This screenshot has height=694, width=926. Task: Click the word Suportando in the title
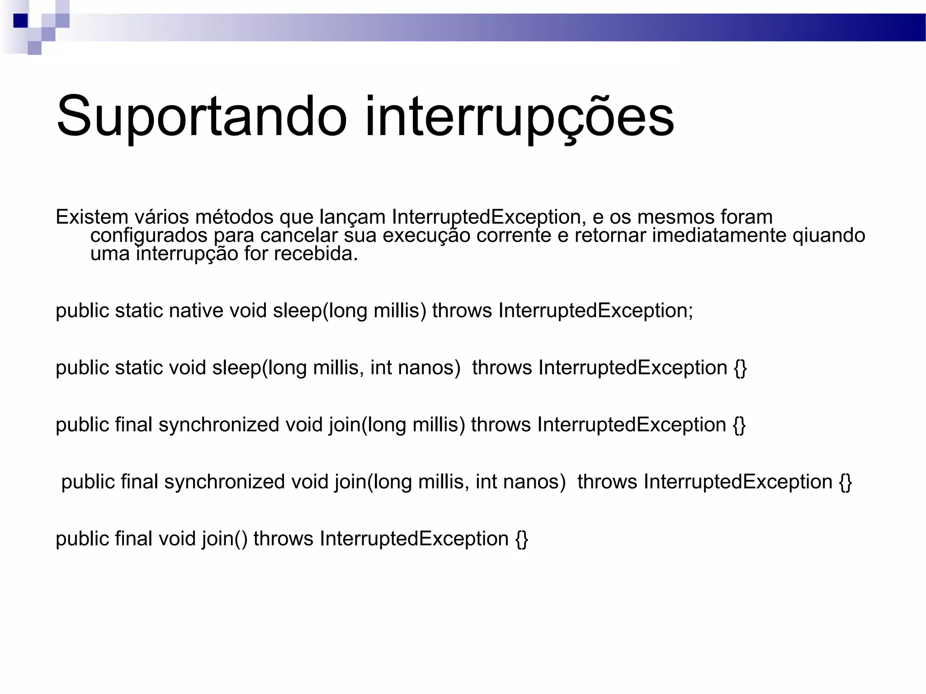pos(201,117)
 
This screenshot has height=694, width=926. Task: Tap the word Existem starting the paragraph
pos(92,217)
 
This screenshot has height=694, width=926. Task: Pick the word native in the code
pos(196,311)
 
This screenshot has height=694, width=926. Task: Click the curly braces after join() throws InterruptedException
pos(522,539)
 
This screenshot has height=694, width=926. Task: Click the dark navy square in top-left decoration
pos(21,21)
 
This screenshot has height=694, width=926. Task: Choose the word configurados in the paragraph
pos(149,236)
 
